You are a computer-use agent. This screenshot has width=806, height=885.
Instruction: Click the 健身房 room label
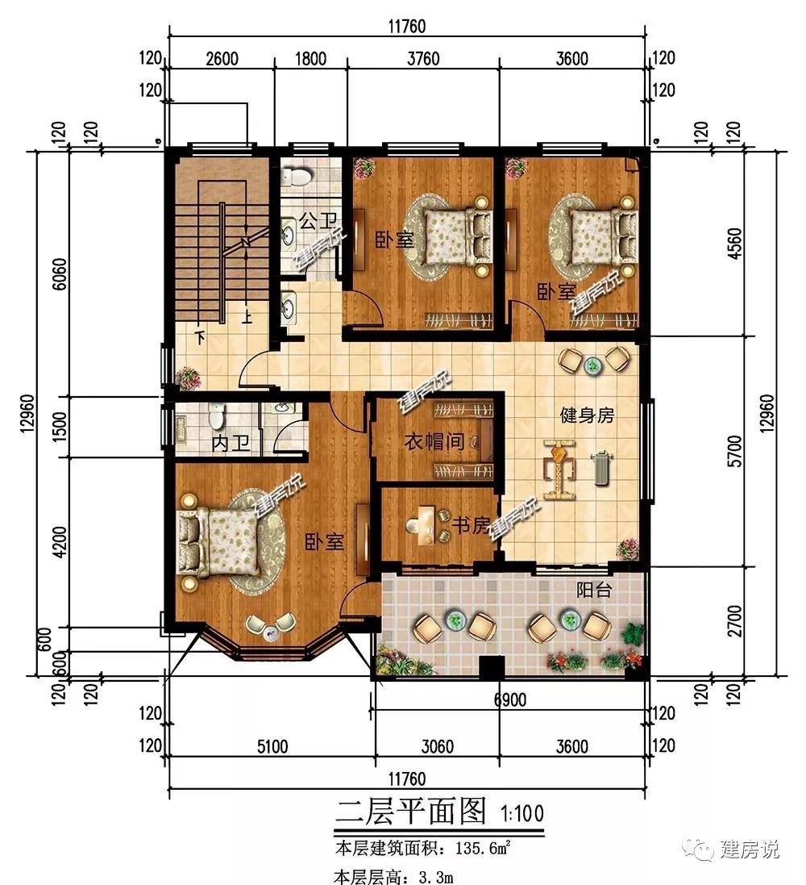pos(587,415)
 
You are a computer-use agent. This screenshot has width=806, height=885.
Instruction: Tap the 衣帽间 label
pos(434,441)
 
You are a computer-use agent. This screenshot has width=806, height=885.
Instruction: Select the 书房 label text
pos(471,525)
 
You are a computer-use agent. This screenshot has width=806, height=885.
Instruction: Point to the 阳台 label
pos(594,591)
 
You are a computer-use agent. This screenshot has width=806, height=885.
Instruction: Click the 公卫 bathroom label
pos(318,221)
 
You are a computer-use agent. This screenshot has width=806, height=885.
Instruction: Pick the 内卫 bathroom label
pos(231,443)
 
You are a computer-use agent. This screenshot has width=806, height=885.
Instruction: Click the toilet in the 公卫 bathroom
pos(296,177)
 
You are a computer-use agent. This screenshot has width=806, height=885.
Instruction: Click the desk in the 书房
pos(423,525)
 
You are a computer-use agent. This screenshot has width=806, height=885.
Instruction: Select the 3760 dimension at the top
pos(423,59)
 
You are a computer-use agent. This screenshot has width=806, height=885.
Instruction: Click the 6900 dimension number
pos(510,700)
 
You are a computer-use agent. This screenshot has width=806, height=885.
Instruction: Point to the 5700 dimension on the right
pos(735,451)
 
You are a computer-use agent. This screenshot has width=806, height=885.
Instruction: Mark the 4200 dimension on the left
pos(59,541)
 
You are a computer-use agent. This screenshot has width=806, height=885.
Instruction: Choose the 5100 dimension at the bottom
pos(272,747)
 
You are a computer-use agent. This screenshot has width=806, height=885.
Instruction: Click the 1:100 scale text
pos(522,813)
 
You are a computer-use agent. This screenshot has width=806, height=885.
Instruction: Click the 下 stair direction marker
pos(199,337)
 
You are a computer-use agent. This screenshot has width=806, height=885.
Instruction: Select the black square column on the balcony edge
pos(492,667)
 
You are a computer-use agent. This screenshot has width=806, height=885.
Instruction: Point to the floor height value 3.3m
pos(436,877)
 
